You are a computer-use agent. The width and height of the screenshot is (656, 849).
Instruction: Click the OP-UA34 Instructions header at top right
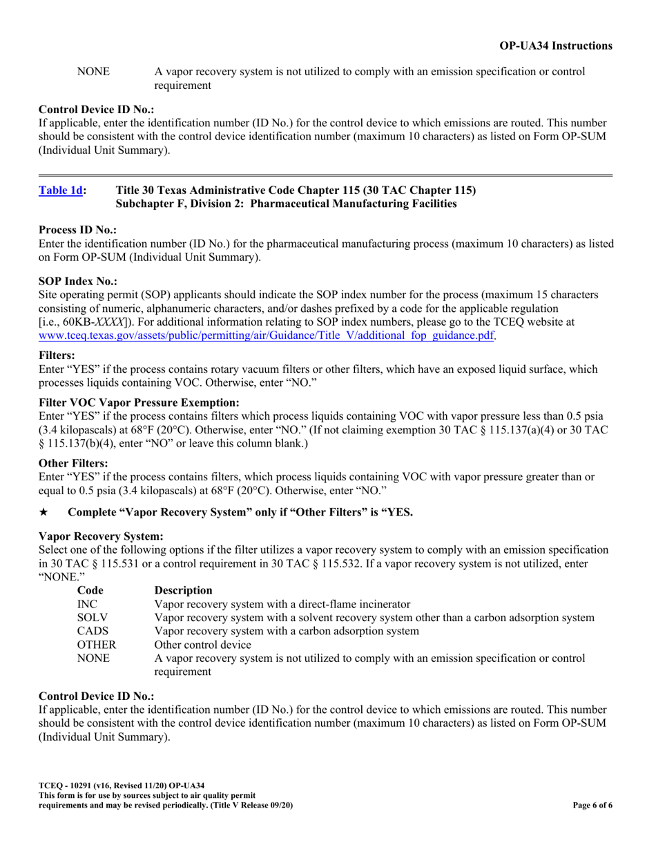(x=555, y=46)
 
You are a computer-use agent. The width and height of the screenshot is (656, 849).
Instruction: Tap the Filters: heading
(x=57, y=355)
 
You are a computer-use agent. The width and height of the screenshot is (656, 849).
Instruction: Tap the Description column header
(x=184, y=590)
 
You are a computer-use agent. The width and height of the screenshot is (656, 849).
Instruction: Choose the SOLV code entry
(x=92, y=617)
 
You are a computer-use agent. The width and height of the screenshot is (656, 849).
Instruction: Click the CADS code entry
(x=93, y=631)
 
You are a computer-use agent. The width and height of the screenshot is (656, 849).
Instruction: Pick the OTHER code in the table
(x=95, y=645)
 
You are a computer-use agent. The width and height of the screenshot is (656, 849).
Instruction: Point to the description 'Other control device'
(x=203, y=645)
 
